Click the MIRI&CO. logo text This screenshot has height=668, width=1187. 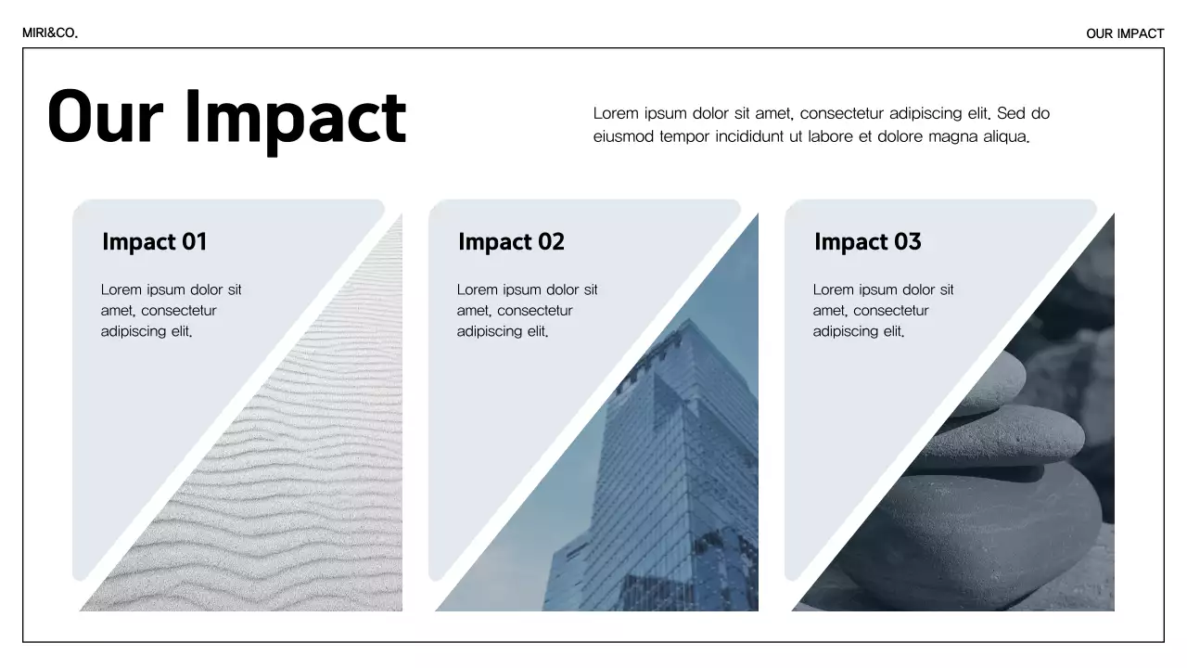[x=50, y=33]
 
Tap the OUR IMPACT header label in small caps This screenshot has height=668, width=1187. [x=1125, y=33]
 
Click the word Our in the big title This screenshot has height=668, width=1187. [x=105, y=117]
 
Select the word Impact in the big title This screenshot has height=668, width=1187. [x=295, y=119]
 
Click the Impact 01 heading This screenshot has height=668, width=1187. [x=154, y=242]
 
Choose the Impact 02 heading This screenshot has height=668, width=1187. [x=511, y=242]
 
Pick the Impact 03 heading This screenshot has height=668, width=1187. [x=867, y=242]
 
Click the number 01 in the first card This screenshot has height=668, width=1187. [x=194, y=242]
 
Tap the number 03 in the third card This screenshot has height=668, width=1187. [x=907, y=242]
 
